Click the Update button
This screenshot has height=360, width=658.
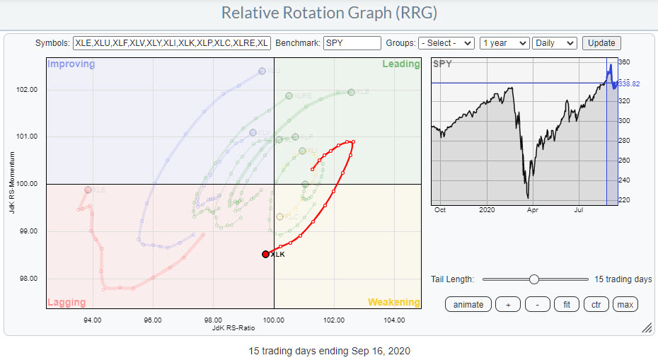(601, 43)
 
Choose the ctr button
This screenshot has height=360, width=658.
(595, 305)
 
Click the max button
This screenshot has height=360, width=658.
(625, 305)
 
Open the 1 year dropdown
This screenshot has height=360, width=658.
(504, 43)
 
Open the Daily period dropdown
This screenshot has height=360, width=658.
(555, 43)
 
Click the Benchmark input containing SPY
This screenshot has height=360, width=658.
(352, 43)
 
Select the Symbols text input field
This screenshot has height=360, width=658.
(172, 43)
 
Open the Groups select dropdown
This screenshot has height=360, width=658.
(446, 43)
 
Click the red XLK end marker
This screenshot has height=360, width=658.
(265, 254)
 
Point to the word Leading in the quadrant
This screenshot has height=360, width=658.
(401, 64)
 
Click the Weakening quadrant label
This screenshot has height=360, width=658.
(393, 303)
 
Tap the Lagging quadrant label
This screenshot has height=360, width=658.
(67, 303)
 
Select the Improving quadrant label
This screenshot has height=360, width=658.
(71, 64)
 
